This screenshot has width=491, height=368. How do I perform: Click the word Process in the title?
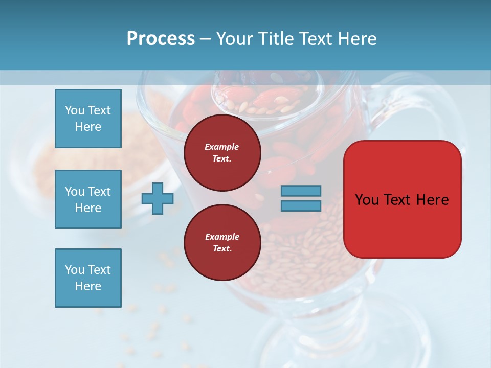pyautogui.click(x=161, y=39)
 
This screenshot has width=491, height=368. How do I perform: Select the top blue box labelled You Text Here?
pyautogui.click(x=88, y=119)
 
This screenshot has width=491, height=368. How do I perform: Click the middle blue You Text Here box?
pyautogui.click(x=88, y=199)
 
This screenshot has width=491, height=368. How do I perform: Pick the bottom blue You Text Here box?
pyautogui.click(x=88, y=278)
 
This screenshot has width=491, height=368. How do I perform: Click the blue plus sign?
pyautogui.click(x=157, y=198)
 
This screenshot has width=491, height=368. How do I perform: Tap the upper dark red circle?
pyautogui.click(x=222, y=153)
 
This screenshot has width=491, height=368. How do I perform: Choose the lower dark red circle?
pyautogui.click(x=222, y=243)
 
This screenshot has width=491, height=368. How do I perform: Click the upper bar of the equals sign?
pyautogui.click(x=301, y=191)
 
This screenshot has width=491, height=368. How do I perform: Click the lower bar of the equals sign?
pyautogui.click(x=301, y=205)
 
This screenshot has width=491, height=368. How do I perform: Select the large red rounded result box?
pyautogui.click(x=402, y=225)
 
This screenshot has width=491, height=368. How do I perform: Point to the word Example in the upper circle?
pyautogui.click(x=222, y=147)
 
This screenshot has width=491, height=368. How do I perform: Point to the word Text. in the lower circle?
pyautogui.click(x=222, y=249)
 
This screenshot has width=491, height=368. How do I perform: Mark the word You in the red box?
pyautogui.click(x=367, y=200)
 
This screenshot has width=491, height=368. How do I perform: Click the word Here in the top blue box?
pyautogui.click(x=88, y=127)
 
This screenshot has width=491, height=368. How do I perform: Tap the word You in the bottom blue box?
pyautogui.click(x=74, y=270)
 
